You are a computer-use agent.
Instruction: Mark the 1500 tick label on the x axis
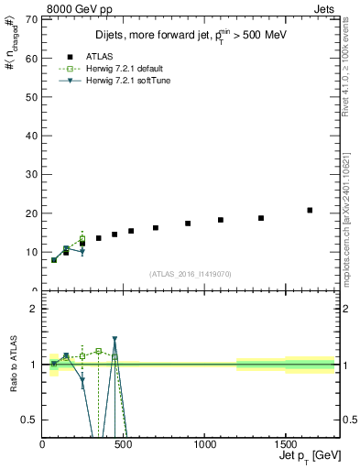tap(286, 446)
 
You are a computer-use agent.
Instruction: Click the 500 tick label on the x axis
tap(124, 446)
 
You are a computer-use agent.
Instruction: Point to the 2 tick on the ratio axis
tap(34, 309)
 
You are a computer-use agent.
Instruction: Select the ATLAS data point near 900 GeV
tap(188, 224)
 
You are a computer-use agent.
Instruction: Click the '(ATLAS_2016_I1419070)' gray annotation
tap(191, 273)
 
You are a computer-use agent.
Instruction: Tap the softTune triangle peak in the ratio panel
tap(115, 339)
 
